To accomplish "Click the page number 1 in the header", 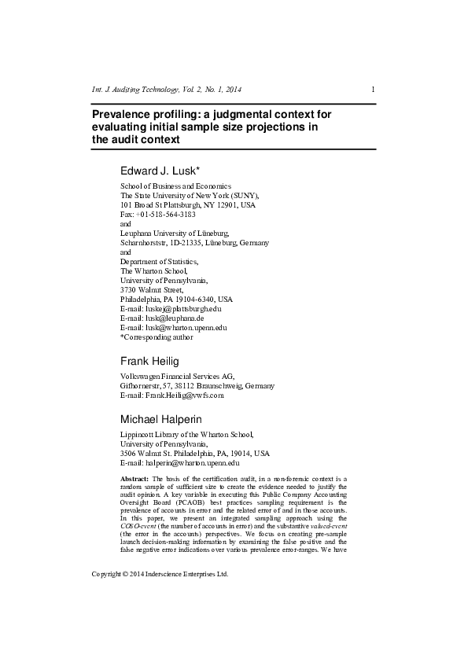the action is pyautogui.click(x=373, y=89).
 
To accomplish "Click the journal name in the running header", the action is pyautogui.click(x=167, y=89).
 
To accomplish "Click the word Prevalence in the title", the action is pyautogui.click(x=123, y=115).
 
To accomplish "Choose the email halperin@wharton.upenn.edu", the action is pyautogui.click(x=190, y=463).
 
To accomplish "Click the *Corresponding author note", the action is pyautogui.click(x=156, y=337).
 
